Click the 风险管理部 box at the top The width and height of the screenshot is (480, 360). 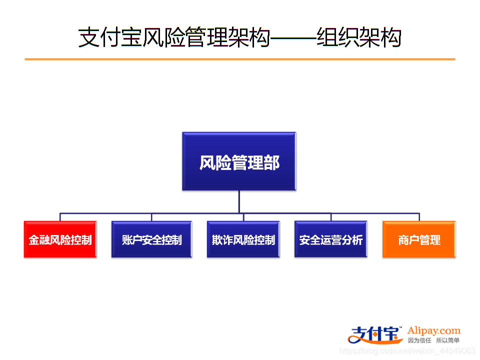[x=239, y=161]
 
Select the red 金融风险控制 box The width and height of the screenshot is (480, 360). [x=60, y=240]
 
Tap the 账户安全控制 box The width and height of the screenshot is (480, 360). [x=151, y=240]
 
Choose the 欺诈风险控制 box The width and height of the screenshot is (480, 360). [x=243, y=240]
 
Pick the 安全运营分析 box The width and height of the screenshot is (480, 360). [x=330, y=240]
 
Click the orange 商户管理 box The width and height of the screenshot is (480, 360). [x=419, y=240]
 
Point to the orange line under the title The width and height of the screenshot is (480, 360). [x=240, y=59]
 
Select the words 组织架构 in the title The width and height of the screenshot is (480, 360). [x=359, y=37]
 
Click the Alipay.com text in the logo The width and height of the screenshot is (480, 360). [x=433, y=330]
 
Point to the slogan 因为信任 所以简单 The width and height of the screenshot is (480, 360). [x=433, y=340]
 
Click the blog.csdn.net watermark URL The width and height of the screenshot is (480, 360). [x=407, y=351]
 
